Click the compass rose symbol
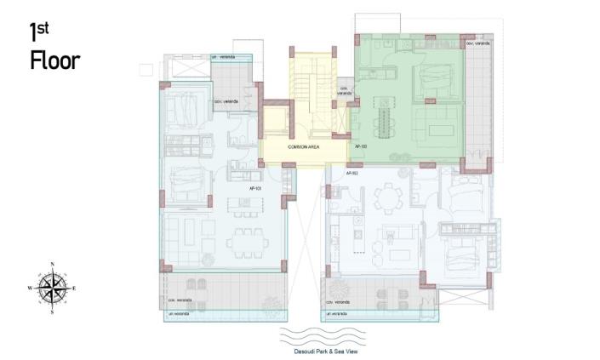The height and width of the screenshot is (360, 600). tap(54, 288)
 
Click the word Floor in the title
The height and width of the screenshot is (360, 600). tap(54, 60)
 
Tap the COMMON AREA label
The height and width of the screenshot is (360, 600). tap(304, 147)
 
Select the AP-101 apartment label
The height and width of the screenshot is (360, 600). tap(254, 189)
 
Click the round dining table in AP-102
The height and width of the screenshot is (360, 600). tap(383, 197)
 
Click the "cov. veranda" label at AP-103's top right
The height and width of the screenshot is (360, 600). tap(477, 43)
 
